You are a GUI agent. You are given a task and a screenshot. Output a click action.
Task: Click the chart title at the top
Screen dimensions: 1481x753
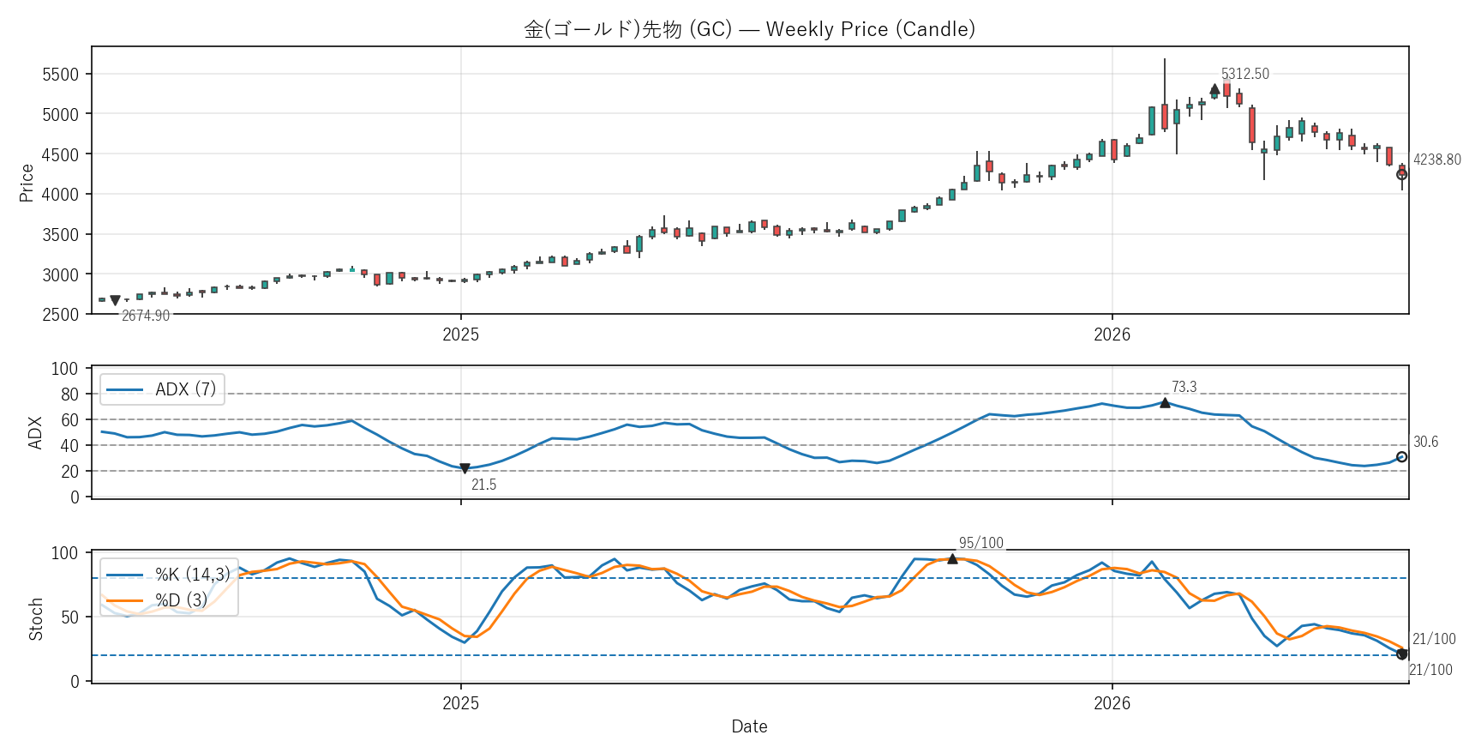coord(750,29)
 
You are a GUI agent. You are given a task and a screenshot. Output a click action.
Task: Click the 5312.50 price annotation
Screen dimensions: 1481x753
coord(1245,74)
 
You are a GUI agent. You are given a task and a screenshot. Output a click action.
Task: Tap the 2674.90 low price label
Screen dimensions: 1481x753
coord(146,316)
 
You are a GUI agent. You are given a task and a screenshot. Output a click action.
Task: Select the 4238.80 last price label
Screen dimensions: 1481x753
coord(1437,160)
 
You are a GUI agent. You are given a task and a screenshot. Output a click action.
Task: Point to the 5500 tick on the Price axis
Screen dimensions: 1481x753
coord(61,75)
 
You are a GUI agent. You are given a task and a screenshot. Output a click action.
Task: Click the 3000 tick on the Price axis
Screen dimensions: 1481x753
coord(61,275)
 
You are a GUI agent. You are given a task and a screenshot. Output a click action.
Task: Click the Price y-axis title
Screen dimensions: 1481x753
coord(27,183)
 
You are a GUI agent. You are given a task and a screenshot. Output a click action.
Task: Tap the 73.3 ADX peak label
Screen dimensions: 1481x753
coord(1184,387)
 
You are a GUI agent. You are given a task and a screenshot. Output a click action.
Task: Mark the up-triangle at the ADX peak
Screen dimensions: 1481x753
coord(1165,402)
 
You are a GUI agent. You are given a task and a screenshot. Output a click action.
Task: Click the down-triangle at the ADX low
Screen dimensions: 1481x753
coord(465,469)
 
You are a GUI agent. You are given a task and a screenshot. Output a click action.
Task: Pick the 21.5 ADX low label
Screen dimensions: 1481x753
coord(484,485)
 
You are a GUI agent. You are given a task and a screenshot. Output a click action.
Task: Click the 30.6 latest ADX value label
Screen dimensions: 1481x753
coord(1426,443)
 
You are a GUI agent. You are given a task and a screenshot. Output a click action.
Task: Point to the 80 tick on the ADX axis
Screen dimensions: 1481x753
coord(69,395)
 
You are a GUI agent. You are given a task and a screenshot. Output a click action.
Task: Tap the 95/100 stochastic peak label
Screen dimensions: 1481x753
coord(981,543)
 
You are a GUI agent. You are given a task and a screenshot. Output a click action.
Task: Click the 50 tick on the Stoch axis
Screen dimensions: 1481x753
coord(69,617)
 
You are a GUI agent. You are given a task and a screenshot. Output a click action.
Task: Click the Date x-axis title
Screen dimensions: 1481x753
coord(750,726)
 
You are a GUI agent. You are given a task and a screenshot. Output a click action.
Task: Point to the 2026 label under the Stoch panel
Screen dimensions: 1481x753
coord(1112,703)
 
